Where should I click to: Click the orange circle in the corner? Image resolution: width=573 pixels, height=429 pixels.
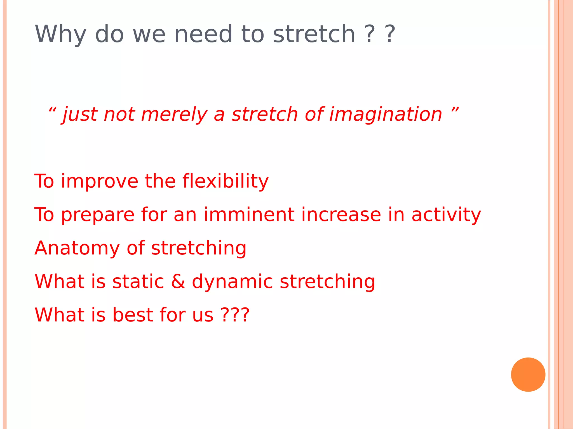pyautogui.click(x=528, y=375)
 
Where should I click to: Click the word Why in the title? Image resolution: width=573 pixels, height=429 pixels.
pyautogui.click(x=60, y=34)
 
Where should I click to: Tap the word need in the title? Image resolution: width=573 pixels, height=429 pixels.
pyautogui.click(x=203, y=34)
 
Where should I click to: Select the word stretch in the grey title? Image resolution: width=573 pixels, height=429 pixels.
pyautogui.click(x=314, y=34)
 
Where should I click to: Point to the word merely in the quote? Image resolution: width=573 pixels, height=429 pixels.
pyautogui.click(x=174, y=115)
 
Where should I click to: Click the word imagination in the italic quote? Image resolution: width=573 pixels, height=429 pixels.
pyautogui.click(x=386, y=115)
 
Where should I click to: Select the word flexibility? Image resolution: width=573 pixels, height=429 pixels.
pyautogui.click(x=226, y=181)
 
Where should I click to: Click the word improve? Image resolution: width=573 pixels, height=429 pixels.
pyautogui.click(x=100, y=182)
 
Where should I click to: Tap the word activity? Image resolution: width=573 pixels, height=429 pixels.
pyautogui.click(x=446, y=215)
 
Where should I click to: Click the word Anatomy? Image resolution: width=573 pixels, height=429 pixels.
pyautogui.click(x=77, y=249)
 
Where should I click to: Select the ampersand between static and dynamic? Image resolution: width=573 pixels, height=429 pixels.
pyautogui.click(x=178, y=281)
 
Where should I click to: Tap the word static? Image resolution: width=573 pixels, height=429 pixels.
pyautogui.click(x=138, y=281)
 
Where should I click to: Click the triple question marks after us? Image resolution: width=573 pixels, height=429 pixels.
pyautogui.click(x=235, y=315)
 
